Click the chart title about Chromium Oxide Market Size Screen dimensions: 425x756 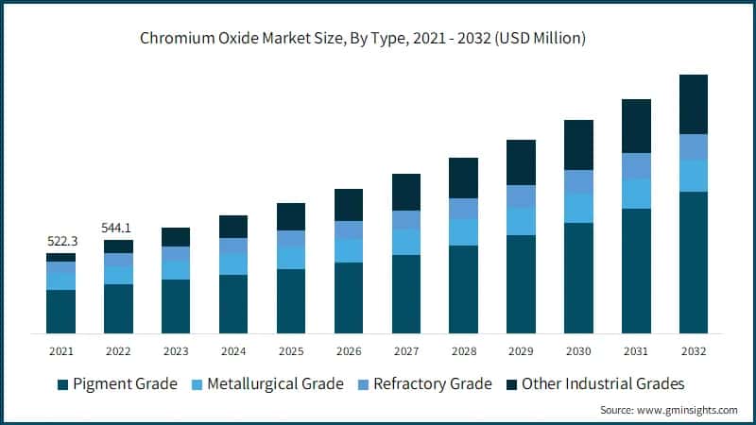click(x=377, y=39)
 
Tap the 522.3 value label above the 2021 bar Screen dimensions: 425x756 click(x=61, y=242)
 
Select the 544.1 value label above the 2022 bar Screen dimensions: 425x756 click(x=118, y=228)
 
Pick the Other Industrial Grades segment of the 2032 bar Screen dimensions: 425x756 click(x=694, y=104)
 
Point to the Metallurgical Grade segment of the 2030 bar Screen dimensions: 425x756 click(x=578, y=208)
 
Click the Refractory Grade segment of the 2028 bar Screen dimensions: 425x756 click(x=463, y=209)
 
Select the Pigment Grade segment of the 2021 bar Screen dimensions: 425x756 click(x=61, y=311)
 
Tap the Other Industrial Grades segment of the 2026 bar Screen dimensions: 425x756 click(x=349, y=205)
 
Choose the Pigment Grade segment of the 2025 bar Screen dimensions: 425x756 click(x=291, y=300)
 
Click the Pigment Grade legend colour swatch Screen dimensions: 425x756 click(x=63, y=384)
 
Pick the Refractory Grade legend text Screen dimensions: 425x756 click(x=432, y=383)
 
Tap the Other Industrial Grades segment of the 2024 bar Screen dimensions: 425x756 click(x=233, y=227)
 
